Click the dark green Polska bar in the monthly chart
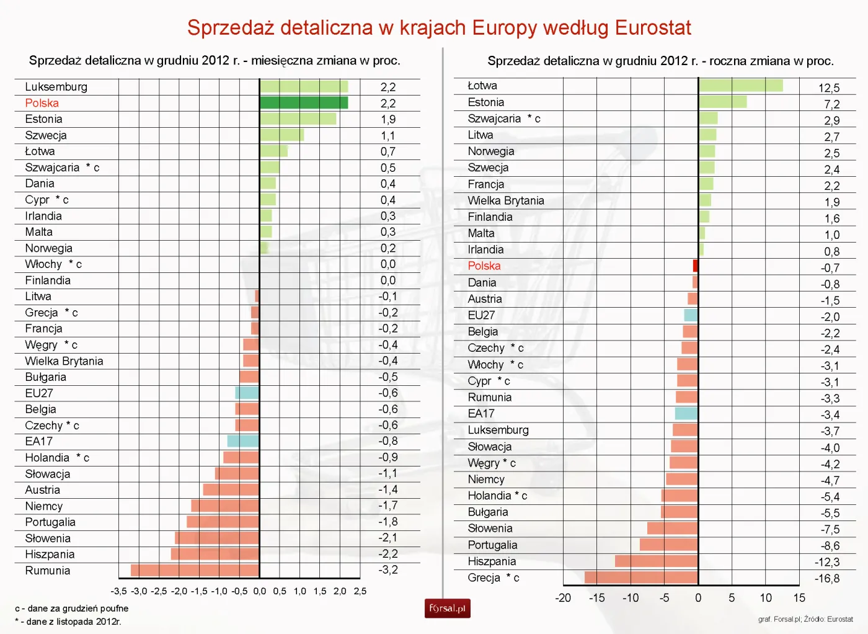[x=304, y=103]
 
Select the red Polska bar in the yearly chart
[x=696, y=266]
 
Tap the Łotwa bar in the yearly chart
[x=740, y=86]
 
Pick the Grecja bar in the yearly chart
[x=641, y=578]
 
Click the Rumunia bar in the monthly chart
[x=195, y=570]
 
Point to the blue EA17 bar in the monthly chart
[x=243, y=441]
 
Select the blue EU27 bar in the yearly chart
[x=691, y=315]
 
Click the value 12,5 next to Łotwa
[x=829, y=88]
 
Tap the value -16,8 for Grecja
[x=827, y=578]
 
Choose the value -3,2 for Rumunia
[x=388, y=569]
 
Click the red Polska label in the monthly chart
[x=42, y=103]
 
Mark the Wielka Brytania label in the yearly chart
[x=506, y=200]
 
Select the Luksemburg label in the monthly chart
[x=56, y=87]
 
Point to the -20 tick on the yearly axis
[x=563, y=598]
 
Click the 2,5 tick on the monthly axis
[x=360, y=591]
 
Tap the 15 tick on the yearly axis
[x=799, y=598]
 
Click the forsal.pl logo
[x=447, y=609]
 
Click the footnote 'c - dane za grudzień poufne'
[x=72, y=609]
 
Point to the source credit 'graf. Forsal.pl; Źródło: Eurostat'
[x=805, y=619]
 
